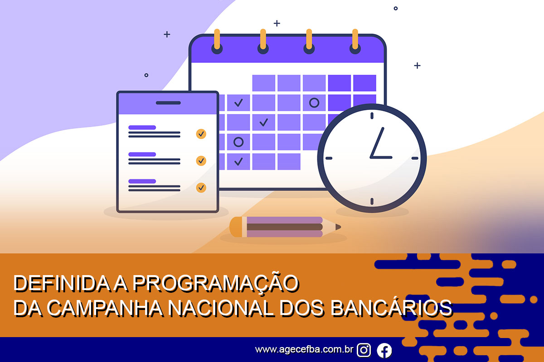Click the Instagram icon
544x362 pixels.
(x=364, y=350)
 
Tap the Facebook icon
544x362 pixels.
(x=384, y=350)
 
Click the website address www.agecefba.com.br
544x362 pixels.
(x=304, y=350)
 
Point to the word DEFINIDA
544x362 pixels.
(x=62, y=283)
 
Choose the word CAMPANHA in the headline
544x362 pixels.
(x=105, y=308)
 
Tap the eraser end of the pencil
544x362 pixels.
(x=236, y=227)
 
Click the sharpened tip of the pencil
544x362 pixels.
(x=338, y=227)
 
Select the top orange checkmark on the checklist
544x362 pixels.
(x=201, y=134)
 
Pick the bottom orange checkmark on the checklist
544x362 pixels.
(x=201, y=188)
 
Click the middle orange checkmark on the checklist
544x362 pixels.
(x=201, y=161)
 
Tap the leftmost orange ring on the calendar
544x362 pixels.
(x=217, y=39)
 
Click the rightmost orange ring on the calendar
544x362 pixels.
(x=355, y=39)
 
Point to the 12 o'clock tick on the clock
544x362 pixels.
(x=372, y=116)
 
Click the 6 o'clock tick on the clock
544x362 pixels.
(x=372, y=201)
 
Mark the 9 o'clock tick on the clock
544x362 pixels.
(x=329, y=158)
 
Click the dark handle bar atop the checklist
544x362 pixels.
(x=168, y=103)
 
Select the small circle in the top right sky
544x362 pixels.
(x=396, y=9)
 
